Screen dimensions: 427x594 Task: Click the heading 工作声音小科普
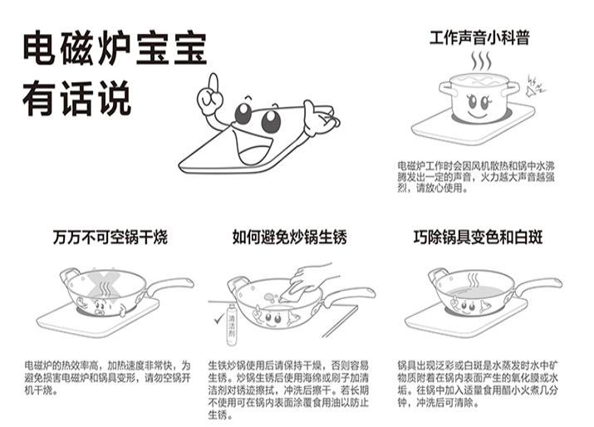[x=479, y=37]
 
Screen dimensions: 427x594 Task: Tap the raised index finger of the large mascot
[x=211, y=82]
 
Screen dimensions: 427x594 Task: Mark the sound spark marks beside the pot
[x=532, y=84]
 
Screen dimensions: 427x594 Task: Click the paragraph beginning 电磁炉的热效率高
[x=106, y=377]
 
